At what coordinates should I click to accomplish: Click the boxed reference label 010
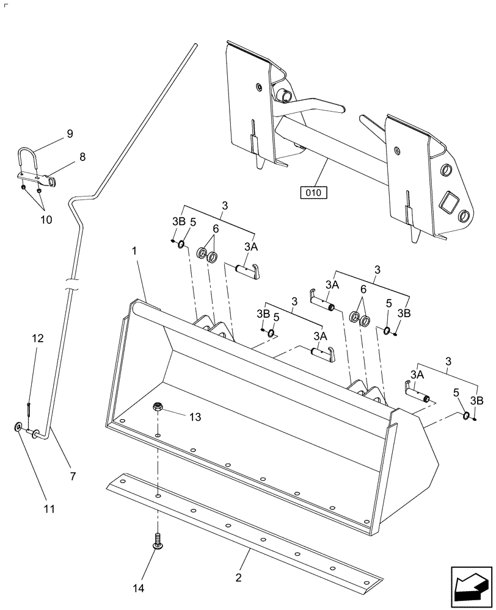coord(313,193)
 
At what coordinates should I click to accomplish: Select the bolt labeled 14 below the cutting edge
coord(158,540)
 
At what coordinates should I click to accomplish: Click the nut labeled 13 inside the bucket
coord(158,407)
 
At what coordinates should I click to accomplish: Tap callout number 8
coord(81,157)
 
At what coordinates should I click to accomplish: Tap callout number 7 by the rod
coord(73,476)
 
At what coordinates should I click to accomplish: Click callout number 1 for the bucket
coord(134,251)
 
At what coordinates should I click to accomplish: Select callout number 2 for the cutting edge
coord(239,577)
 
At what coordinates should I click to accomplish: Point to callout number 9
coord(69,134)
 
